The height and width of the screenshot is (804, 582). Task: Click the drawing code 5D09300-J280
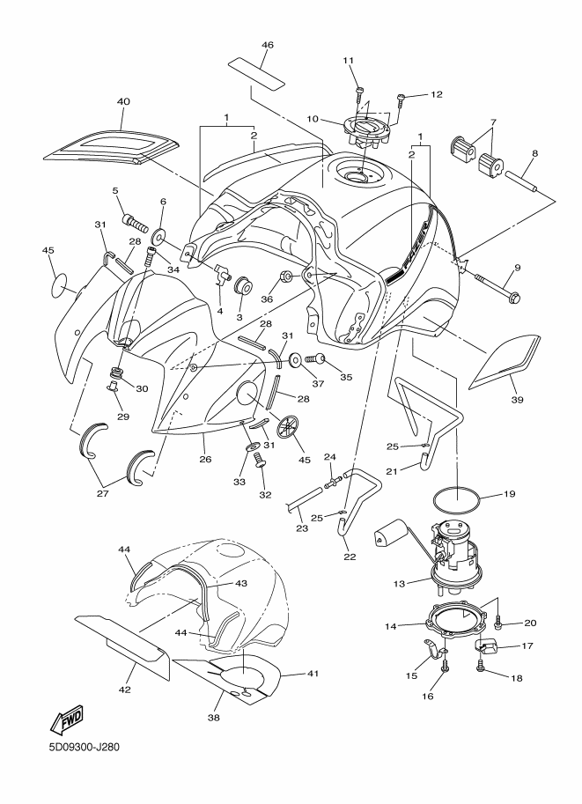click(x=84, y=749)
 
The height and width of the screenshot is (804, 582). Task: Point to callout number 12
click(x=436, y=94)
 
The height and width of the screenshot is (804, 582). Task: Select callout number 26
click(x=204, y=458)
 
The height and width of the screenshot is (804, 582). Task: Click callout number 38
click(x=212, y=718)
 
